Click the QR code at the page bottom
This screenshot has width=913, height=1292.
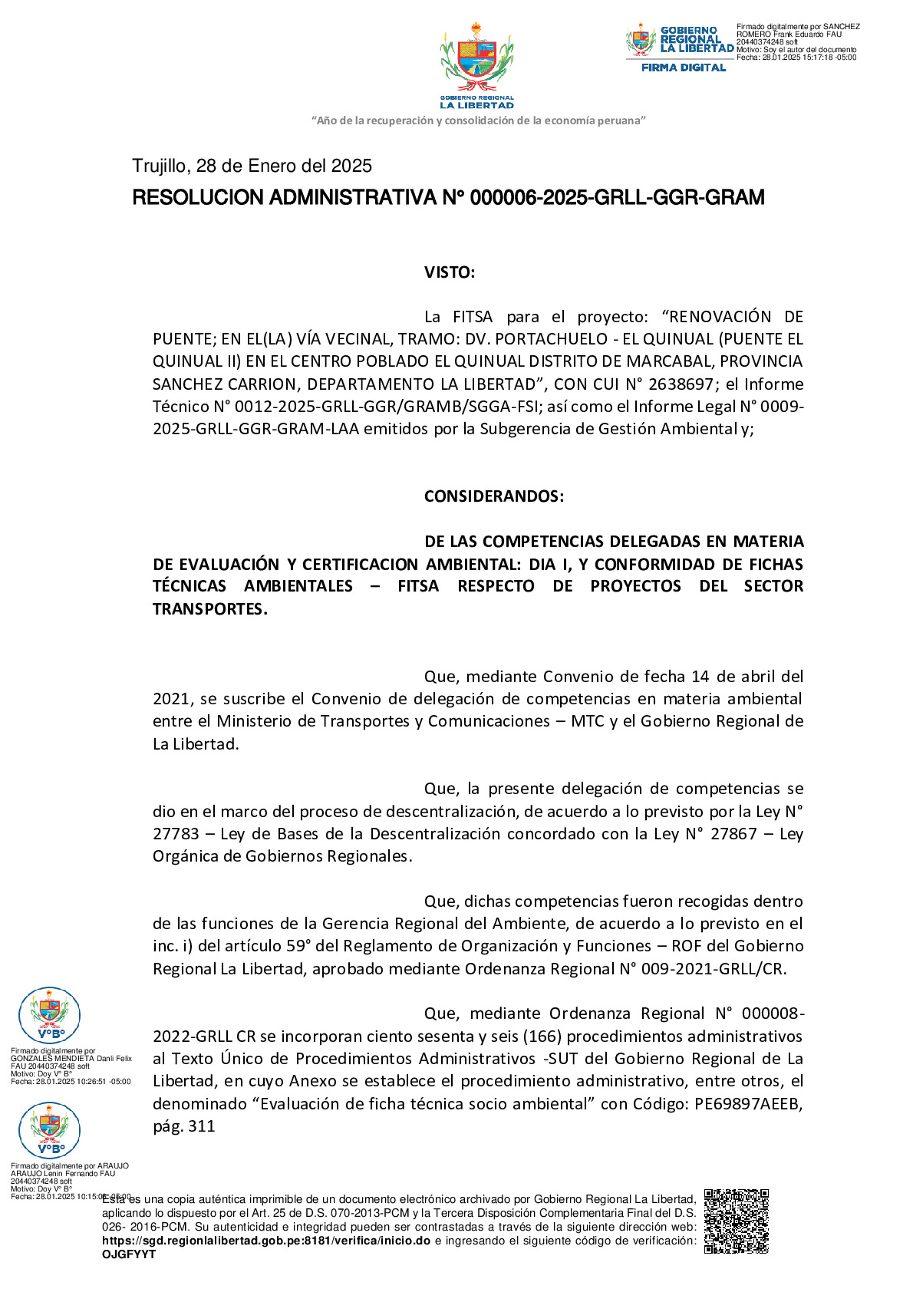point(736,1221)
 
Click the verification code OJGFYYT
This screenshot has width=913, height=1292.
point(129,1254)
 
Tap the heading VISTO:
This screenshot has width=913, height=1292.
point(450,272)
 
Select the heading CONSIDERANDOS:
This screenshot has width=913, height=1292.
point(493,496)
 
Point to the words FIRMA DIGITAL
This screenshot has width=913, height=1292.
point(683,68)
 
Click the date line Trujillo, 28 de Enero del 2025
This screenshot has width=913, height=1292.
point(252,166)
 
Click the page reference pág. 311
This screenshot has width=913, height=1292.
point(184,1126)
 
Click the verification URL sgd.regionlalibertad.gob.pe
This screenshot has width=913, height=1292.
point(265,1241)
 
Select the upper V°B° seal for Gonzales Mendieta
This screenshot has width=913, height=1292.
point(49,1015)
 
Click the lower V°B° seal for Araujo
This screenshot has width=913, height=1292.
point(49,1129)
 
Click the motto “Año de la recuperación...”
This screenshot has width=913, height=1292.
point(478,120)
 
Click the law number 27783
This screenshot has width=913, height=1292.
point(176,834)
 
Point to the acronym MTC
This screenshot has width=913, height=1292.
point(588,721)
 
